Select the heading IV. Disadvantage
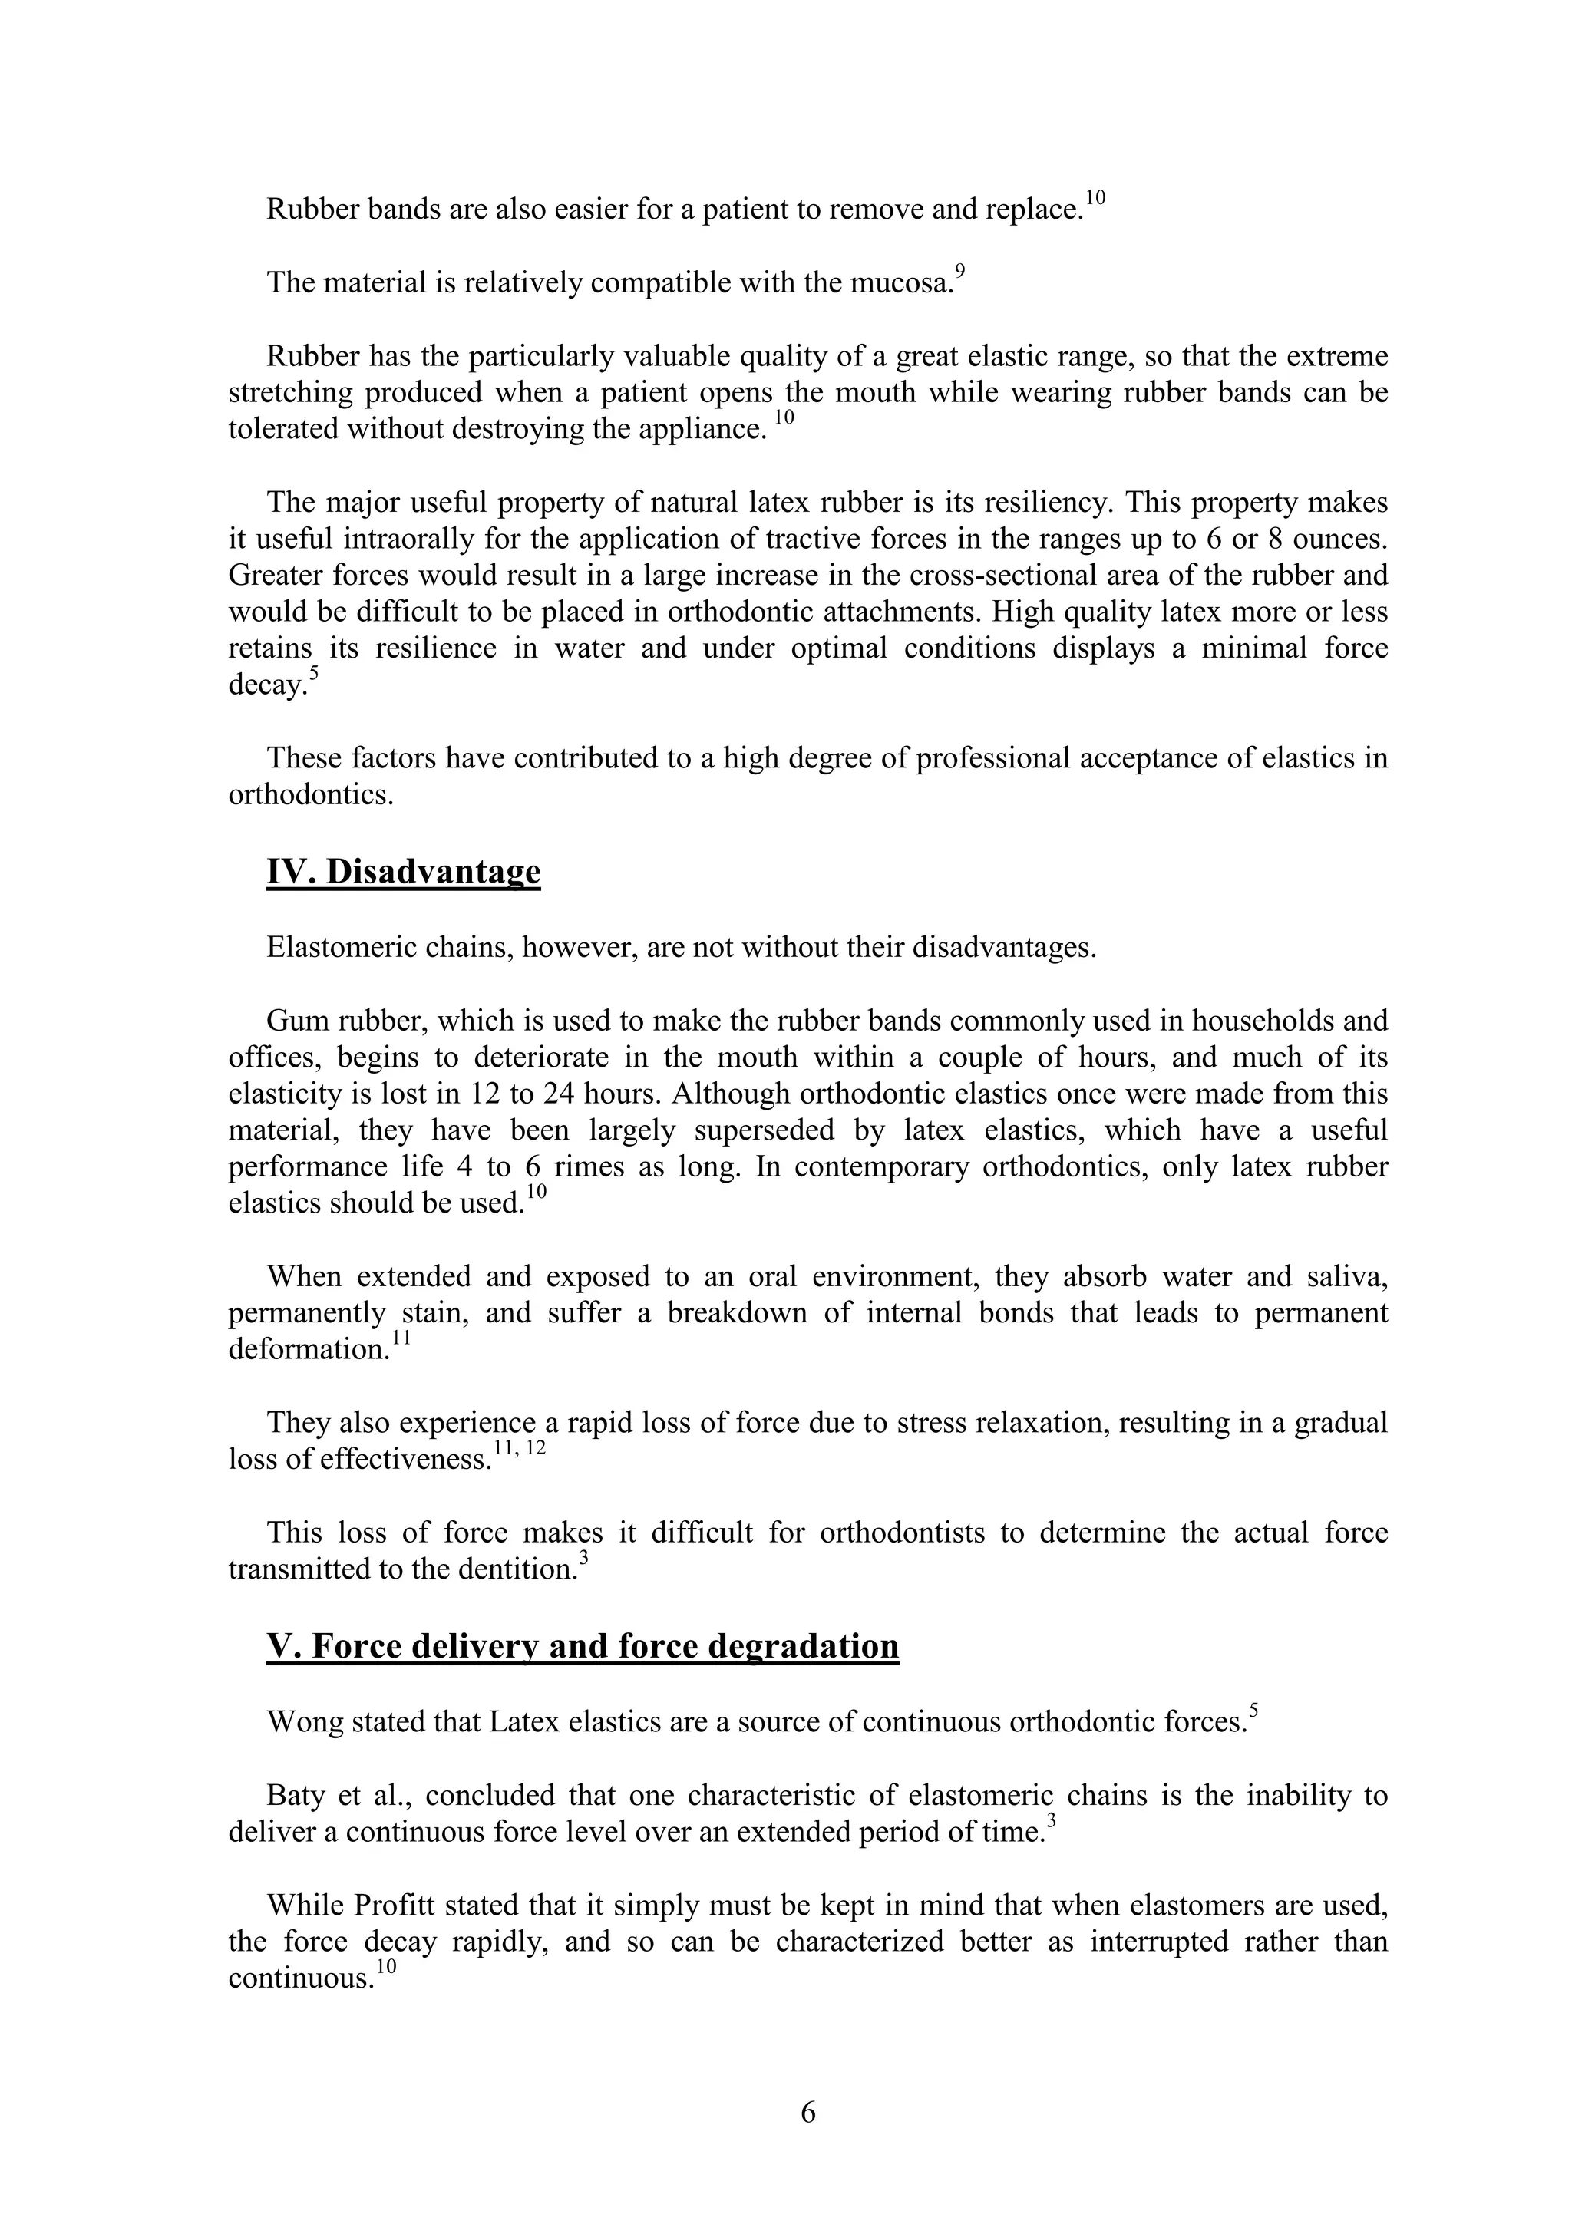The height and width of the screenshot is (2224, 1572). pos(403,872)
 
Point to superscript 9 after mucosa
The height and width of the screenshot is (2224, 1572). pos(960,271)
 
